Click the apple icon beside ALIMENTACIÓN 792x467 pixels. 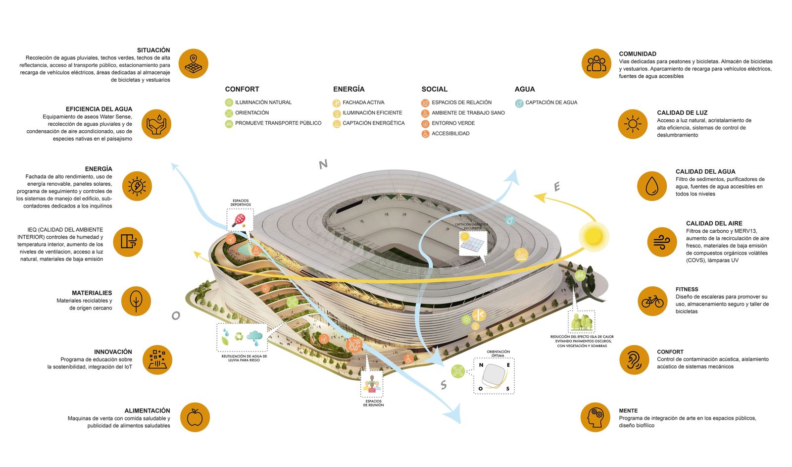pyautogui.click(x=195, y=417)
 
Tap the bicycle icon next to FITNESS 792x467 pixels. pyautogui.click(x=652, y=301)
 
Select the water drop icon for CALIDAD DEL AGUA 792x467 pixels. pyautogui.click(x=652, y=186)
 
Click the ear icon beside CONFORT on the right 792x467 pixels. pyautogui.click(x=634, y=360)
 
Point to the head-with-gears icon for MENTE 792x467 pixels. pyautogui.click(x=595, y=417)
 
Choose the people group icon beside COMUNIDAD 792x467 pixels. pyautogui.click(x=596, y=63)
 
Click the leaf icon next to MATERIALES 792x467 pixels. pyautogui.click(x=136, y=301)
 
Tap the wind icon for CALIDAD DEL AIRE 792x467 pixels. pyautogui.click(x=662, y=242)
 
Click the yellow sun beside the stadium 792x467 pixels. pyautogui.click(x=594, y=236)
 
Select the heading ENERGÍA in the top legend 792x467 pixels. pyautogui.click(x=348, y=89)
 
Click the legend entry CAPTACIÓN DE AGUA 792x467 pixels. pyautogui.click(x=551, y=103)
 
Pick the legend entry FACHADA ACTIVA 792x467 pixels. pyautogui.click(x=363, y=103)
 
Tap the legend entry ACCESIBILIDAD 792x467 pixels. pyautogui.click(x=450, y=134)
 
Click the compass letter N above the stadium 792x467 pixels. pyautogui.click(x=323, y=164)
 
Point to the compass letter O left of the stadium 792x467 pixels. pyautogui.click(x=176, y=315)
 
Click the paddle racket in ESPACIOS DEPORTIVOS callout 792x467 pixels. pyautogui.click(x=240, y=220)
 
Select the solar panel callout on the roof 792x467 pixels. pyautogui.click(x=472, y=243)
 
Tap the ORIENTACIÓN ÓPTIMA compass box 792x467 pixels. pyautogui.click(x=494, y=376)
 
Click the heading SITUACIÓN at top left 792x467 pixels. pyautogui.click(x=153, y=50)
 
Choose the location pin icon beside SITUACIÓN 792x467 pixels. pyautogui.click(x=193, y=63)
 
